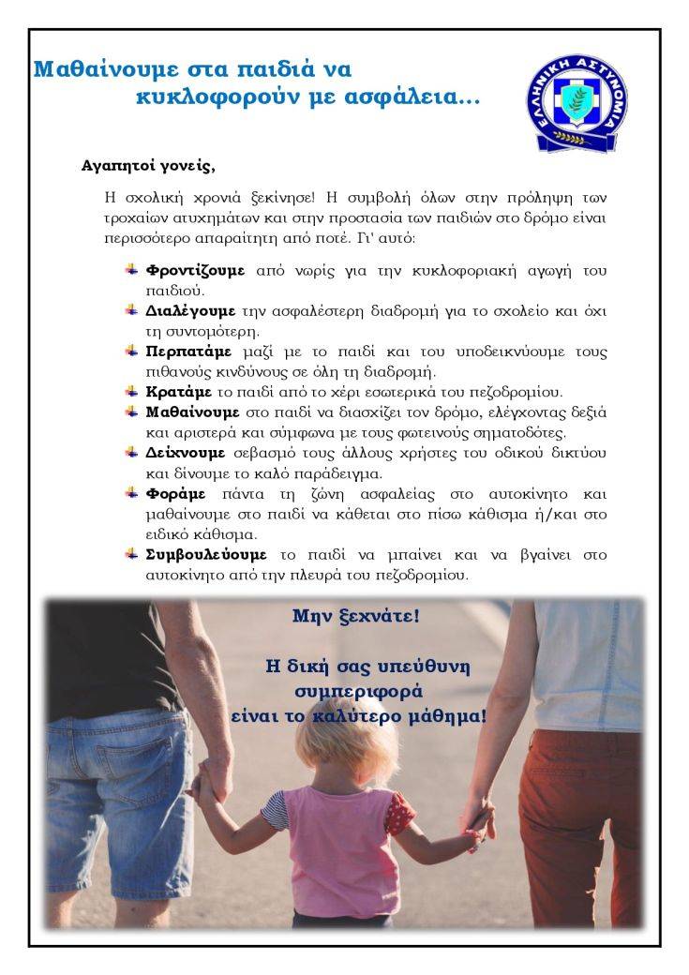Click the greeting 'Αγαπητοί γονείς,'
148,167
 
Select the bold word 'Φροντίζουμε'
195,270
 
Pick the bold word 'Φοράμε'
175,492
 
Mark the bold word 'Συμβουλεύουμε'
206,553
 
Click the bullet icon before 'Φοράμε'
131,492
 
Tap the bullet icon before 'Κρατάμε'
131,391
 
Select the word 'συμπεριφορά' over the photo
359,692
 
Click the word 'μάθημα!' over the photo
445,716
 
